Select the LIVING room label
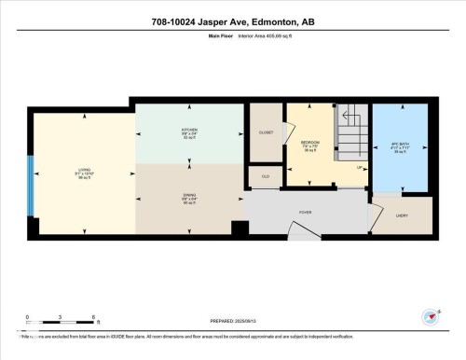84,171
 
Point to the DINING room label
187,198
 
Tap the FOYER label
304,213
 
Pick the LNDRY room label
402,215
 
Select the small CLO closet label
265,175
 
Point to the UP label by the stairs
360,168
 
